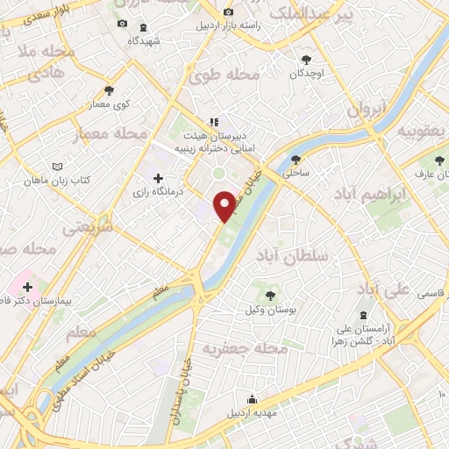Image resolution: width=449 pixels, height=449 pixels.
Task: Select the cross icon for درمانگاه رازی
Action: [158, 179]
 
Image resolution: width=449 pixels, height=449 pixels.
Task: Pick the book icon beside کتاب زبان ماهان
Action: [58, 167]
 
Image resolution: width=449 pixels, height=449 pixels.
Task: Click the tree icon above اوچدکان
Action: [305, 60]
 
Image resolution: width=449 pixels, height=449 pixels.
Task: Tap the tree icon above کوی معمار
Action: [109, 89]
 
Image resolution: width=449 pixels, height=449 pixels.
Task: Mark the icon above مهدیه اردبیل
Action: [252, 399]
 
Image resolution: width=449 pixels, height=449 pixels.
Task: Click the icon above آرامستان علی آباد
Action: [364, 315]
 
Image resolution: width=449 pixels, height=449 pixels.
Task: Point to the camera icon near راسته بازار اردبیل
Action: [229, 12]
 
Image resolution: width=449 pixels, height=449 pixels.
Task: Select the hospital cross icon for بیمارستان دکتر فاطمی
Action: [27, 286]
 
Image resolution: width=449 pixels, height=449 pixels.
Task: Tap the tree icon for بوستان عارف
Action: [439, 160]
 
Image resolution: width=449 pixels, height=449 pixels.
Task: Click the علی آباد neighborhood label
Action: [385, 289]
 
